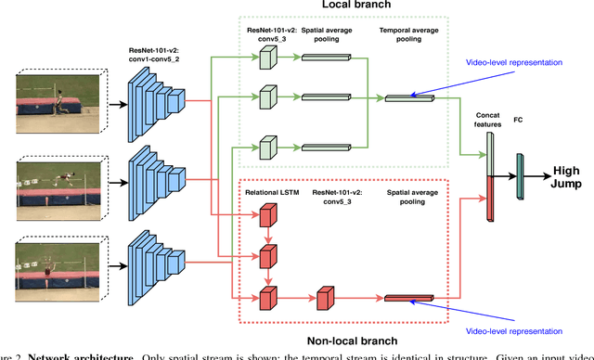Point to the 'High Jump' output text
point(565,176)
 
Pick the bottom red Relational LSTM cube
point(267,297)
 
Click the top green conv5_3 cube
point(267,58)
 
